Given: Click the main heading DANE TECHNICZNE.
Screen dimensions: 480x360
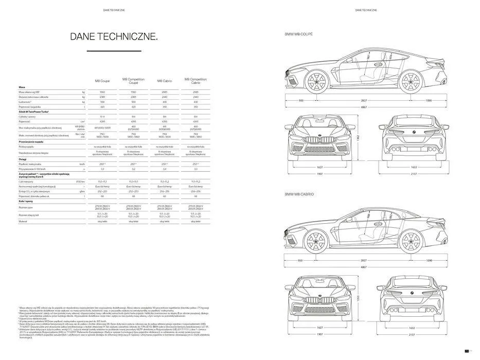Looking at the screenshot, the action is (x=114, y=37).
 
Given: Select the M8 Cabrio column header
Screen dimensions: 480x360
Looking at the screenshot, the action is (x=164, y=81).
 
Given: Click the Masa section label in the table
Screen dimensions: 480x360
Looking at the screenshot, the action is (x=23, y=87).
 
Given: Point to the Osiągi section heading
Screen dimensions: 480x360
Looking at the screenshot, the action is (x=24, y=159).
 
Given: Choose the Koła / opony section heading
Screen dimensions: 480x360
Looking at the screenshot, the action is (x=26, y=202).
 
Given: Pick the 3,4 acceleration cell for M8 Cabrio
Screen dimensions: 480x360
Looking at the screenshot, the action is (x=164, y=169).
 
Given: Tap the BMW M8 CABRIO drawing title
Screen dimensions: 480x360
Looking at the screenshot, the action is (x=299, y=194).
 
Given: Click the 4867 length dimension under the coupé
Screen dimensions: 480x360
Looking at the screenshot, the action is (x=364, y=107).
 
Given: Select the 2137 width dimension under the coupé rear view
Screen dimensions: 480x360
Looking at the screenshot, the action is (x=413, y=174).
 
